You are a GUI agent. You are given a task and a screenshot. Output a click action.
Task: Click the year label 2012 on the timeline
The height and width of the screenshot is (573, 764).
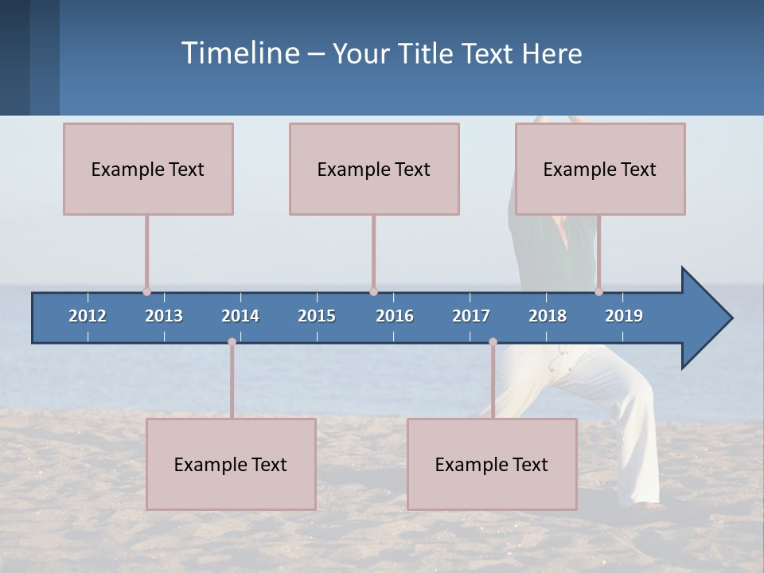(x=88, y=316)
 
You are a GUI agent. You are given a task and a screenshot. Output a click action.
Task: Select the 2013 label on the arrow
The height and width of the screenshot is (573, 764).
(x=164, y=316)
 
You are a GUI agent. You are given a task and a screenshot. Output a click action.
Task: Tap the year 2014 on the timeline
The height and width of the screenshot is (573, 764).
(x=240, y=316)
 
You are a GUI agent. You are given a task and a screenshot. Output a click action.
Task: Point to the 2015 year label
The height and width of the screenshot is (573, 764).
(x=317, y=316)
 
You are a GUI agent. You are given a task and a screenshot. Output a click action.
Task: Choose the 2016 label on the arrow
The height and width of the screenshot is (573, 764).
(x=395, y=316)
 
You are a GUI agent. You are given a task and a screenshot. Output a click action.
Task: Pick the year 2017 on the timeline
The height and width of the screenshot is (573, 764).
(x=471, y=316)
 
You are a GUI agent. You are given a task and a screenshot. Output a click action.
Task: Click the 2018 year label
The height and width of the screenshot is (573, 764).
(x=548, y=316)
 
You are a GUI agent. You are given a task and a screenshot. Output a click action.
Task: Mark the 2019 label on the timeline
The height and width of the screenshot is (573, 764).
(x=624, y=316)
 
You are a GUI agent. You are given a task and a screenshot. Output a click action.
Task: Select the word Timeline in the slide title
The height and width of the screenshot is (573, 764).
(x=240, y=53)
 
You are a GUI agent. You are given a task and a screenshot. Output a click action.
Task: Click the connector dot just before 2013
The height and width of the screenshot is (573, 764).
(x=146, y=291)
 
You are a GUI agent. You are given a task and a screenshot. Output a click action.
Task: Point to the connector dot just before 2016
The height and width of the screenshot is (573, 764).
(x=373, y=291)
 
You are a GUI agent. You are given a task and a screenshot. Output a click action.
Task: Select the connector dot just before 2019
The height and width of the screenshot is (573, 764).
(x=598, y=291)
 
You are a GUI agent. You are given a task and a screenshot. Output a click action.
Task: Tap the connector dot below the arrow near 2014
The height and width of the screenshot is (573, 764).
(x=232, y=342)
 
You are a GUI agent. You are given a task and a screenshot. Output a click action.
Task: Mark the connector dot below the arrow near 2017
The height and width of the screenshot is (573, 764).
(x=493, y=342)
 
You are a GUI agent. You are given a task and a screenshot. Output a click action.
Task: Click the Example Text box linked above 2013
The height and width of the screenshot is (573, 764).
(x=148, y=169)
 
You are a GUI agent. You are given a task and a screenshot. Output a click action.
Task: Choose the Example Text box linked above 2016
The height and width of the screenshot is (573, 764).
(x=374, y=169)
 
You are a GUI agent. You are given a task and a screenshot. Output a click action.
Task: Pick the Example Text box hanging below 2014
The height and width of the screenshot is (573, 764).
(x=231, y=464)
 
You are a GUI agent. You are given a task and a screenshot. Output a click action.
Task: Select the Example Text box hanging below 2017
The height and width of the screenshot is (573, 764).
(x=492, y=464)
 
